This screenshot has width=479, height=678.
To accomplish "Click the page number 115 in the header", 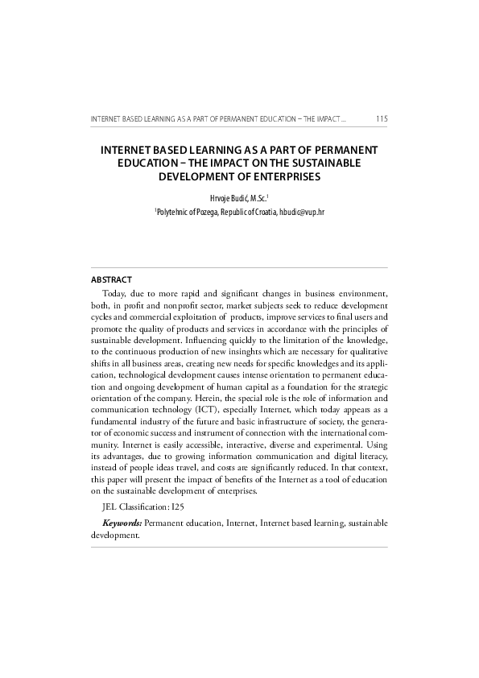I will (382, 120).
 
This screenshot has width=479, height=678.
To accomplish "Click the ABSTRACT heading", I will (112, 279).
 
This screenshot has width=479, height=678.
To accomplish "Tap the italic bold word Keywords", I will (122, 523).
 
